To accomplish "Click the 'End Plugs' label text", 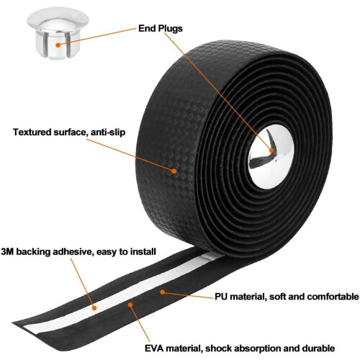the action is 161,29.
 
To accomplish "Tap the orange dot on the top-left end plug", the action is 58,45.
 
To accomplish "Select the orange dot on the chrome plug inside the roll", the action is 271,150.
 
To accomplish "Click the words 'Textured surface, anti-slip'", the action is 69,132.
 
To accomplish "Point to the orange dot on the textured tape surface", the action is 174,171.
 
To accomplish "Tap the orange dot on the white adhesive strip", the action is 94,308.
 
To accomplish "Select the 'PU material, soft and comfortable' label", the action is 287,297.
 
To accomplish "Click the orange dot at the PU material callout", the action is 163,292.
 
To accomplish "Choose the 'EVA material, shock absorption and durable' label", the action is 240,348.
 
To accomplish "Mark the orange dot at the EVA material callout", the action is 130,305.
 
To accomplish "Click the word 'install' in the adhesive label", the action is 143,252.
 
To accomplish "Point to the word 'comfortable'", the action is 333,297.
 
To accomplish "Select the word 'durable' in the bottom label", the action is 318,348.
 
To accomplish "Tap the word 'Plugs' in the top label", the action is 170,29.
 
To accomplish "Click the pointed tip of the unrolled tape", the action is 13,323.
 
